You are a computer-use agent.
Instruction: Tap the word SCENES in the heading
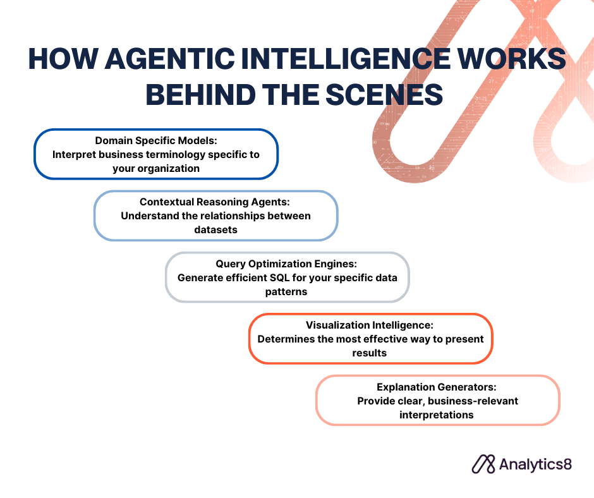click(x=384, y=94)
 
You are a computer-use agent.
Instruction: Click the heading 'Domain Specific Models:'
click(x=156, y=140)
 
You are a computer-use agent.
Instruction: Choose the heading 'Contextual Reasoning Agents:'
click(x=215, y=202)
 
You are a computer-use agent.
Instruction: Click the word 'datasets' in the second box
click(x=216, y=229)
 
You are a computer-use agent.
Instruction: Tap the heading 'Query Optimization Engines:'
click(x=286, y=264)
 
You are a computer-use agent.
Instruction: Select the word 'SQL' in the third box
click(x=279, y=278)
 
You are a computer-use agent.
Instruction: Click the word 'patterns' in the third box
click(x=286, y=292)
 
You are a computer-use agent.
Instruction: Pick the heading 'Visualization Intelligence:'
click(x=370, y=325)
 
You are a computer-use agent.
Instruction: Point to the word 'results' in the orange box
click(x=370, y=353)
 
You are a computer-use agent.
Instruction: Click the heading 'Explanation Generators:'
click(x=437, y=387)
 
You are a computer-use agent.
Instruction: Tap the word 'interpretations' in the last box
click(x=437, y=415)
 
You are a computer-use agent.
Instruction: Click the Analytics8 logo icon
click(x=483, y=465)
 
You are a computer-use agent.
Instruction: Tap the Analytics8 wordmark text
click(x=535, y=465)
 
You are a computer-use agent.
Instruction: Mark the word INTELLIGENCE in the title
click(x=346, y=59)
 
